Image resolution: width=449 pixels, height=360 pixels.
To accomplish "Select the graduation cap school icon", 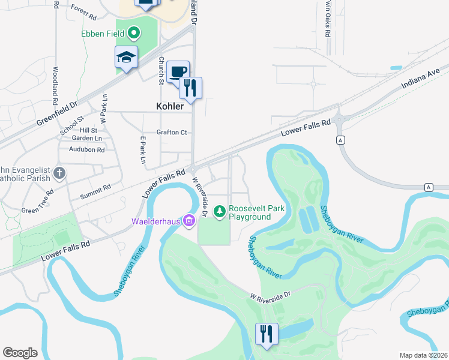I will (x=126, y=58).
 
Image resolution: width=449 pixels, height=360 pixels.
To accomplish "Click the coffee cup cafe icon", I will (x=178, y=72).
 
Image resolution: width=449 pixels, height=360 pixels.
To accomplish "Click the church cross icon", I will (x=59, y=174).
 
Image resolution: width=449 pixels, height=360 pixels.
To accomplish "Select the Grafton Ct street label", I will (x=172, y=132).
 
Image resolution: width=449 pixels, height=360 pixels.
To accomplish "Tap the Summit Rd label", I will (x=95, y=192).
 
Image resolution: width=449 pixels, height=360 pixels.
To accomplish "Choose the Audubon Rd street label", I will (x=87, y=149).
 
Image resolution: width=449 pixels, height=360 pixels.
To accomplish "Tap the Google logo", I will (x=20, y=353).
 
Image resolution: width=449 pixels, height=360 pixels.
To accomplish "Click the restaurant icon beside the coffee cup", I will (x=191, y=88).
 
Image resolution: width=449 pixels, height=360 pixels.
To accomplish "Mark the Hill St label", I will (x=88, y=130).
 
